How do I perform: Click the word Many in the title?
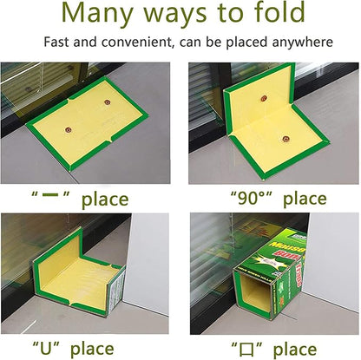[x=95, y=15]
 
